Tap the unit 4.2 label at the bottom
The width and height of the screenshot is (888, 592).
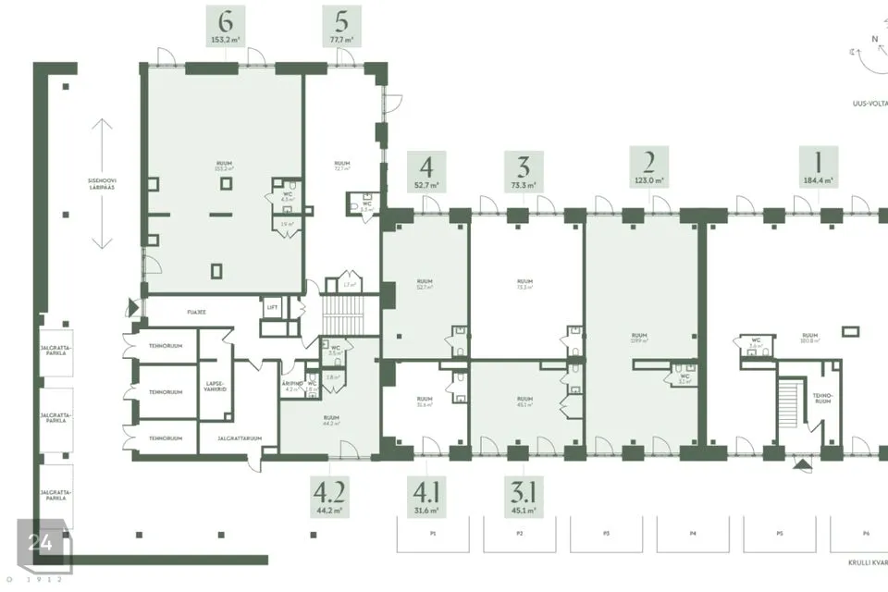point(330,495)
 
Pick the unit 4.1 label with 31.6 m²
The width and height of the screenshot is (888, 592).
point(425,495)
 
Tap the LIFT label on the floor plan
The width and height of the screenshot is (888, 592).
point(272,305)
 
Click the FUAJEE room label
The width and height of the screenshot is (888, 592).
point(196,313)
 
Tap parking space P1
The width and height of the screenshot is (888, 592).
point(432,535)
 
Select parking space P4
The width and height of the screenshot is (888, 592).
point(693,535)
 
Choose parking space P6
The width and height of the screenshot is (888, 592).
point(865,535)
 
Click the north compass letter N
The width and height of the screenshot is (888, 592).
point(873,39)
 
